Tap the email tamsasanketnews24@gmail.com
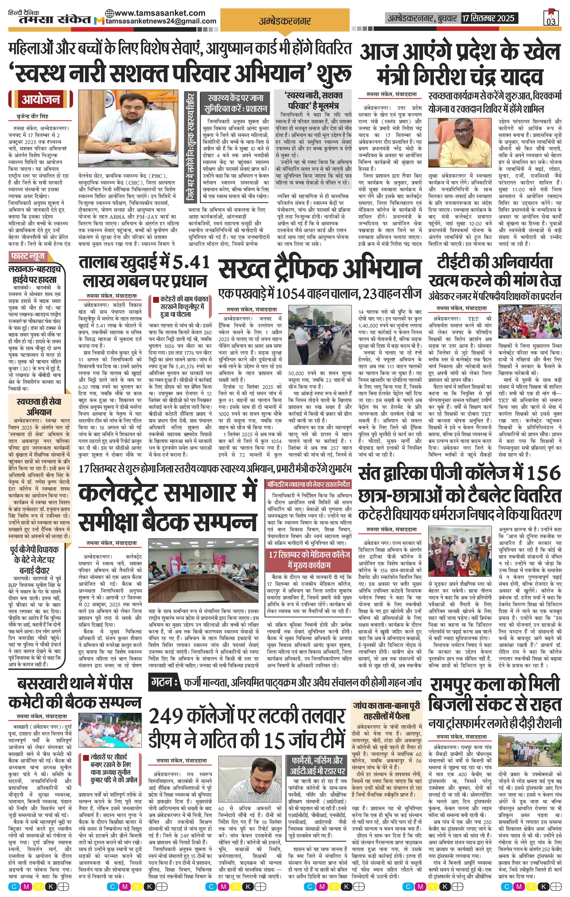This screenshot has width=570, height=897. (x=161, y=21)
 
